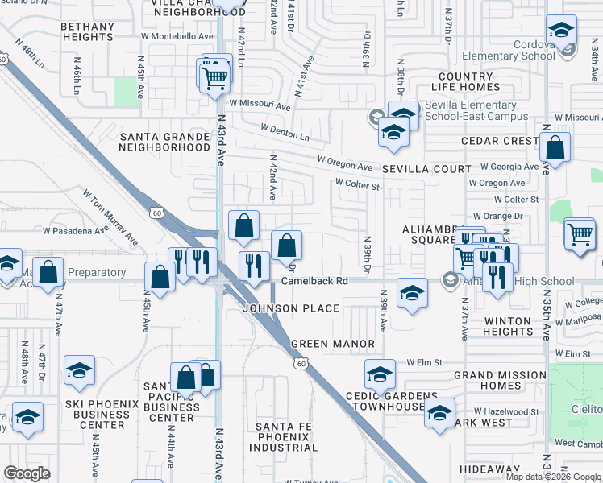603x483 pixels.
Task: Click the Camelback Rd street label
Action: point(314,282)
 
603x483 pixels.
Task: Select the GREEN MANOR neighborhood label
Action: point(332,344)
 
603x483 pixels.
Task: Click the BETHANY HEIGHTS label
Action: point(88,31)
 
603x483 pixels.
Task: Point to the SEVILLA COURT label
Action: point(426,169)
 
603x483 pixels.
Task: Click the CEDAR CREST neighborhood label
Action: point(500,141)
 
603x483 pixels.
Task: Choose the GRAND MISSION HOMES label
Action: point(500,381)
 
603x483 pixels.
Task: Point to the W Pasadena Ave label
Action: point(75,230)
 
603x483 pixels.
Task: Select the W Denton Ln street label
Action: point(285,133)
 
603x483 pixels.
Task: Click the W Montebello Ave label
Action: point(180,36)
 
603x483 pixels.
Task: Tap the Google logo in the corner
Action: point(27,473)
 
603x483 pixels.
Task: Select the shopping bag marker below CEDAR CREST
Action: point(555,147)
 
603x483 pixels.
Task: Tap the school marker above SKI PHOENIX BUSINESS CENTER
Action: point(79,370)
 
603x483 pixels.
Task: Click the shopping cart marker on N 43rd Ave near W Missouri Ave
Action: point(214,77)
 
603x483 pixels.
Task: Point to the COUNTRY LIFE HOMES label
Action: point(465,81)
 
